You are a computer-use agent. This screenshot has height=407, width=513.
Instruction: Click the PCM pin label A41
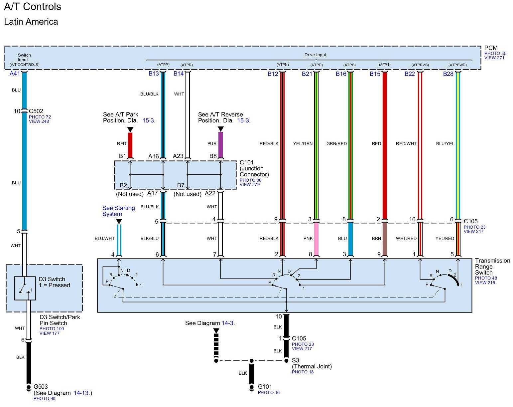click(15, 74)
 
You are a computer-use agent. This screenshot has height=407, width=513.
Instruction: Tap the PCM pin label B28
click(448, 74)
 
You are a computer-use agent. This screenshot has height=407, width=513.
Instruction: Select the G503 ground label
click(41, 386)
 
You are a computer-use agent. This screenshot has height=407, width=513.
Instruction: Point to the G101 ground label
click(265, 386)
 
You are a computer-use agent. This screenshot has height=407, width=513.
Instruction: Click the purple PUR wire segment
click(220, 145)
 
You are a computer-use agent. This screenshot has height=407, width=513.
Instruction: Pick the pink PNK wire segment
click(316, 239)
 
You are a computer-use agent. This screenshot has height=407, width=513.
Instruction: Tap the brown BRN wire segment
click(385, 239)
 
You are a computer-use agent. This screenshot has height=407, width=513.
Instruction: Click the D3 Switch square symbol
click(25, 288)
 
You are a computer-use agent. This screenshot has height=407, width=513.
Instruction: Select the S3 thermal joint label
click(295, 360)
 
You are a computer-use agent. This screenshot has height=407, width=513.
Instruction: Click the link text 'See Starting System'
click(118, 211)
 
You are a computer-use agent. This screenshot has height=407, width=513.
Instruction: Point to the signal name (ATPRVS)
click(420, 65)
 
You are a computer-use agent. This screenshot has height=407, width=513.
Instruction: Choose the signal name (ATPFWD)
click(457, 65)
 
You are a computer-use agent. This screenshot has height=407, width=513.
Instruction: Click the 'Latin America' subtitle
click(31, 22)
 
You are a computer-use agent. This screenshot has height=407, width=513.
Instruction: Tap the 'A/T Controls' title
click(33, 7)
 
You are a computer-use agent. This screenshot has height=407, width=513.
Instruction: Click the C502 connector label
click(36, 111)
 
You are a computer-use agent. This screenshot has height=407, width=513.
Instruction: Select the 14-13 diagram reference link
click(81, 393)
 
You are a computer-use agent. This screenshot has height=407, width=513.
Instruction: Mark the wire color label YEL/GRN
click(303, 143)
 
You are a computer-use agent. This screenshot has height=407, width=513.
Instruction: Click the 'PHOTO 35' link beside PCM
click(495, 54)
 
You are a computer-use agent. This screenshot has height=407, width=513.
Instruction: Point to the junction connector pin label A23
click(178, 156)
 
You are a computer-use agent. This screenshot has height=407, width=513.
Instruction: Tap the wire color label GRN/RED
click(336, 143)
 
